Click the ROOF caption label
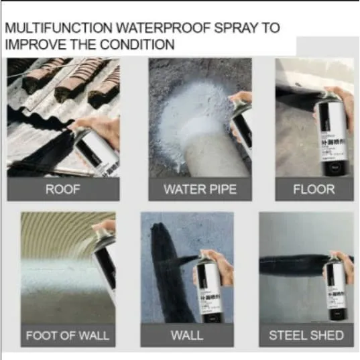click(x=63, y=189)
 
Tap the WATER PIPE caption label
click(x=200, y=189)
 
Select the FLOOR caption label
click(x=314, y=189)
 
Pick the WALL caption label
click(x=187, y=335)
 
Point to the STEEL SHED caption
click(x=306, y=335)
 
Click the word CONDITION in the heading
click(x=139, y=45)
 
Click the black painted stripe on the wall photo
click(x=164, y=268)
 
